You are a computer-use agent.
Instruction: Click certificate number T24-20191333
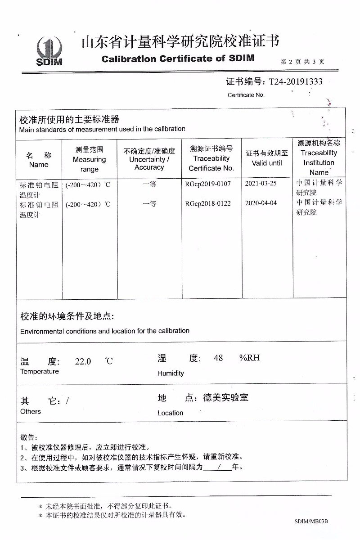295,82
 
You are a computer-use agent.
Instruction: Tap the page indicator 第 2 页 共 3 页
302,62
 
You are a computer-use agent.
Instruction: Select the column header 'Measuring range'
89,159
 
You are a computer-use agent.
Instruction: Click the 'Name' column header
39,160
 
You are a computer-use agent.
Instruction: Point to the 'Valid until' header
267,158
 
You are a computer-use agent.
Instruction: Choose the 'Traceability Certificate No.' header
211,158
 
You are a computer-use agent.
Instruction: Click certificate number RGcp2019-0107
207,184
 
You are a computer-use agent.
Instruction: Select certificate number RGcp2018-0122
207,203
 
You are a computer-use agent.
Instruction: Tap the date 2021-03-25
261,184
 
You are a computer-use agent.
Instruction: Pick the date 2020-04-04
261,203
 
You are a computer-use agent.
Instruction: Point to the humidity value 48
218,358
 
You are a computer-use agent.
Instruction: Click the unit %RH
249,358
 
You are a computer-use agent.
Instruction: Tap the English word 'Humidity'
171,373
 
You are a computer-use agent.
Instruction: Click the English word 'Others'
31,411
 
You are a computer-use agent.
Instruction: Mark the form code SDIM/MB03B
311,521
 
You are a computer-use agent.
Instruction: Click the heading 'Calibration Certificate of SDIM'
178,58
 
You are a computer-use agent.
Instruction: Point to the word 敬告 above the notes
28,437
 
